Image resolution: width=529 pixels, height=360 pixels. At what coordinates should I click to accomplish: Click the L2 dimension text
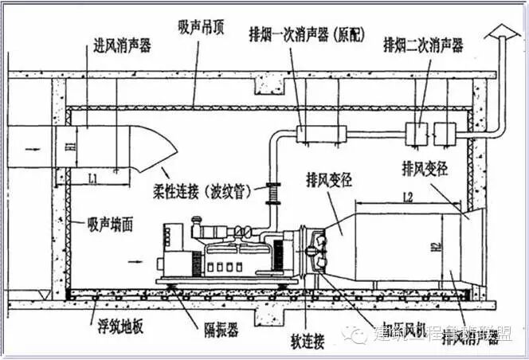pos(407,195)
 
